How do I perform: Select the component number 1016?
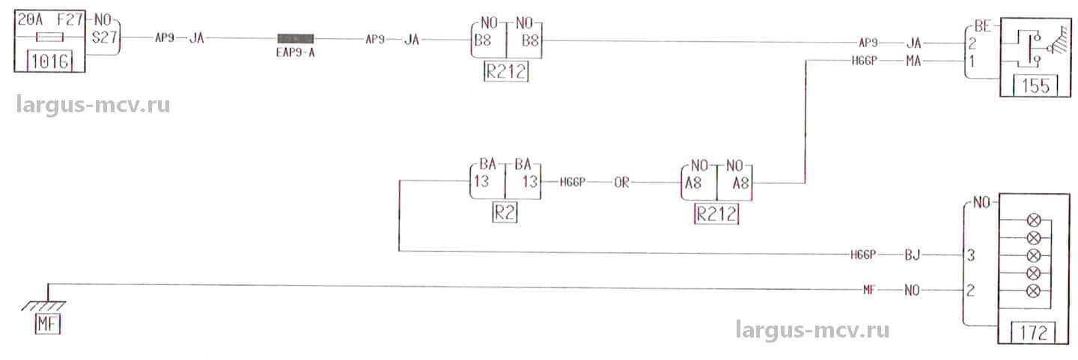(x=50, y=61)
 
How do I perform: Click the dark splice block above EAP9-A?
(x=296, y=38)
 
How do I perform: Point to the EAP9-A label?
(x=296, y=53)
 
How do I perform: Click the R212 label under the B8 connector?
(x=507, y=73)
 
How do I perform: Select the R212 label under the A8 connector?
(x=717, y=214)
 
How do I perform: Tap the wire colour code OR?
(x=621, y=183)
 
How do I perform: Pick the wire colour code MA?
(x=913, y=61)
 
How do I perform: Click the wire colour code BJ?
(x=911, y=254)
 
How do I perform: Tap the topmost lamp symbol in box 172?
(x=1034, y=222)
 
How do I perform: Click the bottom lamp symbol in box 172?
(x=1034, y=290)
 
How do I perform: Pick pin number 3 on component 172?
(x=969, y=255)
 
